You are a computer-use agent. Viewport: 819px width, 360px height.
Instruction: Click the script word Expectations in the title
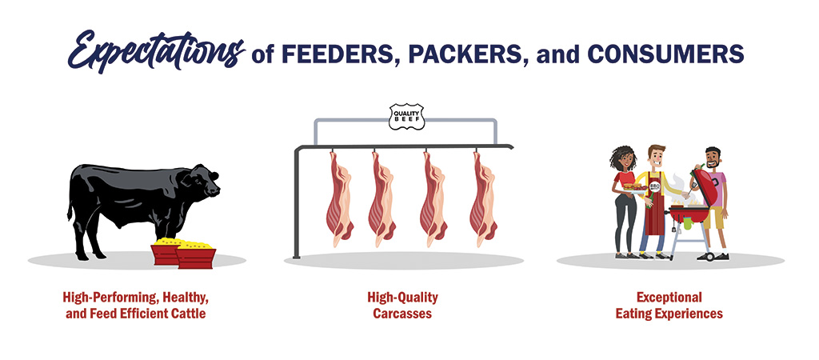coord(156,51)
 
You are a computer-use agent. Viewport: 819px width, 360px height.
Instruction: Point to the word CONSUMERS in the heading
coord(665,54)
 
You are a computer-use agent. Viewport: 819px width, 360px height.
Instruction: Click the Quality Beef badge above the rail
coord(406,117)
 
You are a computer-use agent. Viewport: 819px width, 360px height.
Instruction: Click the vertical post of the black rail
coord(298,204)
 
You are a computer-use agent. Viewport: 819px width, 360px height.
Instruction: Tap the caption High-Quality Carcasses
coord(402,306)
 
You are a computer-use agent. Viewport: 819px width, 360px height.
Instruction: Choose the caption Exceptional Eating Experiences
coord(669,306)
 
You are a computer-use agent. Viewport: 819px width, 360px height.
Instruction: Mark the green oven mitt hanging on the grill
coord(687,223)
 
